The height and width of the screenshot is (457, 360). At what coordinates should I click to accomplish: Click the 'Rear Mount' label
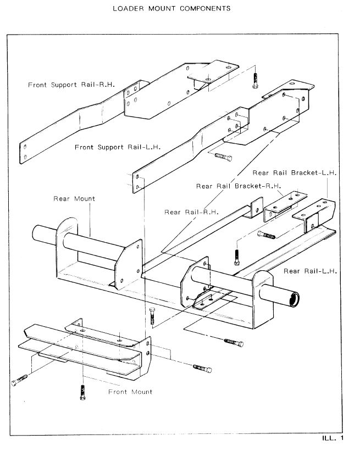(74, 199)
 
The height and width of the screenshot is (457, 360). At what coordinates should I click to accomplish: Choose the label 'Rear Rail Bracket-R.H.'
(237, 186)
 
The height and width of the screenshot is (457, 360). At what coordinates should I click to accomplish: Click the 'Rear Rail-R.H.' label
(191, 211)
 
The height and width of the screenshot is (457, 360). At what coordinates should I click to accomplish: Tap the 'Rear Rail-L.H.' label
(311, 271)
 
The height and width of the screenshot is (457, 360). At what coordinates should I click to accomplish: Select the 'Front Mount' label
(130, 392)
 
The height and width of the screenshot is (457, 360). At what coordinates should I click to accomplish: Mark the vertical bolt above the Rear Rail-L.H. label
(236, 257)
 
